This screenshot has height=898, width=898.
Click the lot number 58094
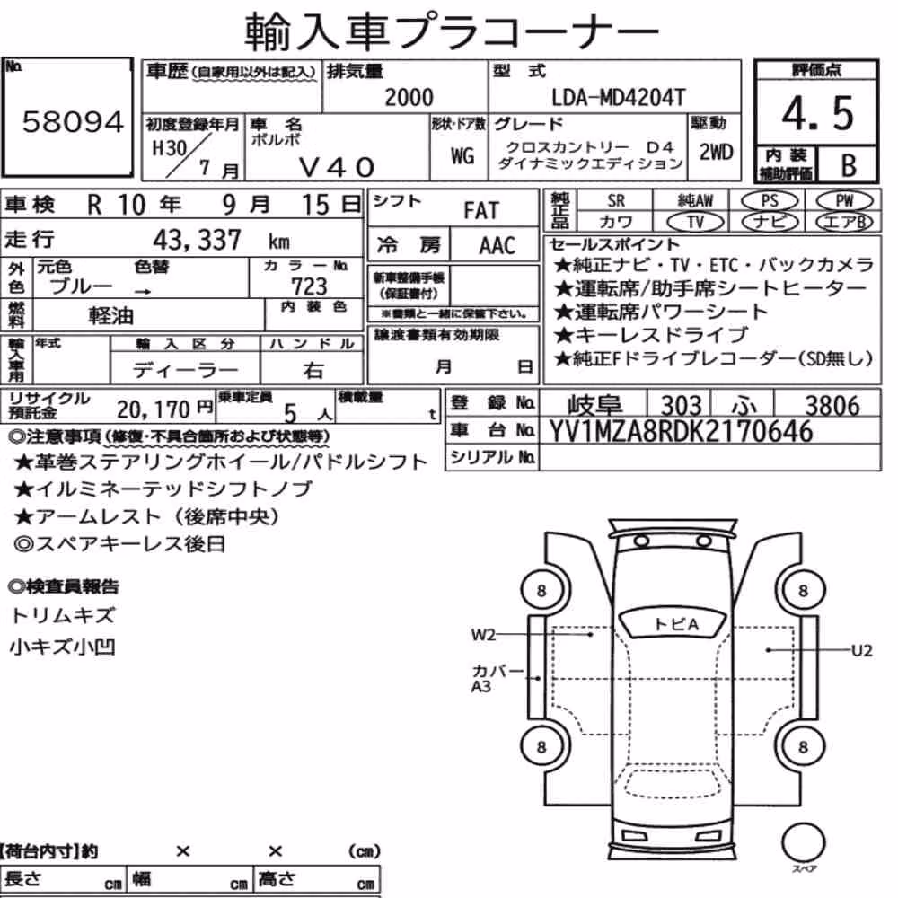pos(73,121)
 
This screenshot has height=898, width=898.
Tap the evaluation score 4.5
pos(817,113)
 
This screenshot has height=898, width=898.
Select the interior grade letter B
pos(849,165)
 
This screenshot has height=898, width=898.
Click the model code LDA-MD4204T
pos(618,98)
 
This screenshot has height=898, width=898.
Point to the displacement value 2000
pos(409,98)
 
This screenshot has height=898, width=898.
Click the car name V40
pos(337,167)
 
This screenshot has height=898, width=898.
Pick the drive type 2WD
pos(716,153)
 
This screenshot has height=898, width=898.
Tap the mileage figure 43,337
pos(197,240)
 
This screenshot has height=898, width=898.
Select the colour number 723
pos(309,286)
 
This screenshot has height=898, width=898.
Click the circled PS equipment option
pos(770,201)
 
